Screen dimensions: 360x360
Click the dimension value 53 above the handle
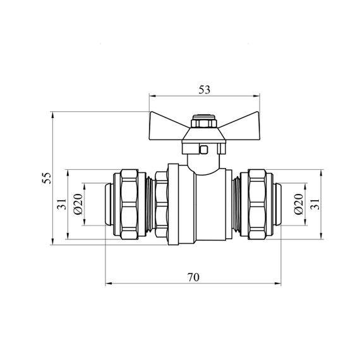click(x=205, y=90)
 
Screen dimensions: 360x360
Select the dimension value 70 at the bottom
click(x=193, y=277)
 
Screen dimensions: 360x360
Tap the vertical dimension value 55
click(x=47, y=178)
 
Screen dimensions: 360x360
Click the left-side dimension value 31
click(x=62, y=204)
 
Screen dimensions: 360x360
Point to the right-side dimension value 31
click(x=315, y=204)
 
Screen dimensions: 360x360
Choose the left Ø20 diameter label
click(x=78, y=204)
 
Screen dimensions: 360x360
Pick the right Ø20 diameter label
click(x=299, y=204)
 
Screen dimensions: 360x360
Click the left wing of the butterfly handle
click(x=167, y=127)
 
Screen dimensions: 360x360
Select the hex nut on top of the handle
click(x=204, y=121)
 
